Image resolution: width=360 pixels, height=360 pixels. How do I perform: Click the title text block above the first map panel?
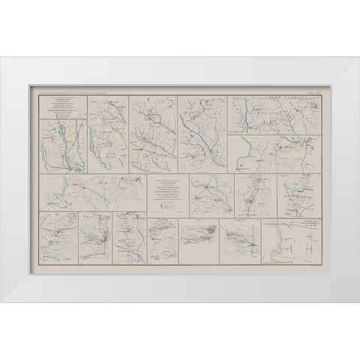coord(61,103)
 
